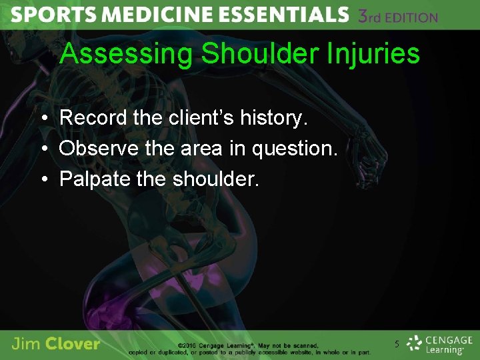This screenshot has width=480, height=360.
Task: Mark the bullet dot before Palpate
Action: (42, 179)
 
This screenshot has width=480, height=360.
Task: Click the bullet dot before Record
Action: (42, 119)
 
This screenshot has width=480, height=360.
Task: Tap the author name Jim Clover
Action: (56, 344)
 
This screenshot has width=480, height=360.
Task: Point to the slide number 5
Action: (397, 345)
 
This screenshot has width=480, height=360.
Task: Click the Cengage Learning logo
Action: (439, 344)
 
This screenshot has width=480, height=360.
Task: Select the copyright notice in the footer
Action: (273, 349)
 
